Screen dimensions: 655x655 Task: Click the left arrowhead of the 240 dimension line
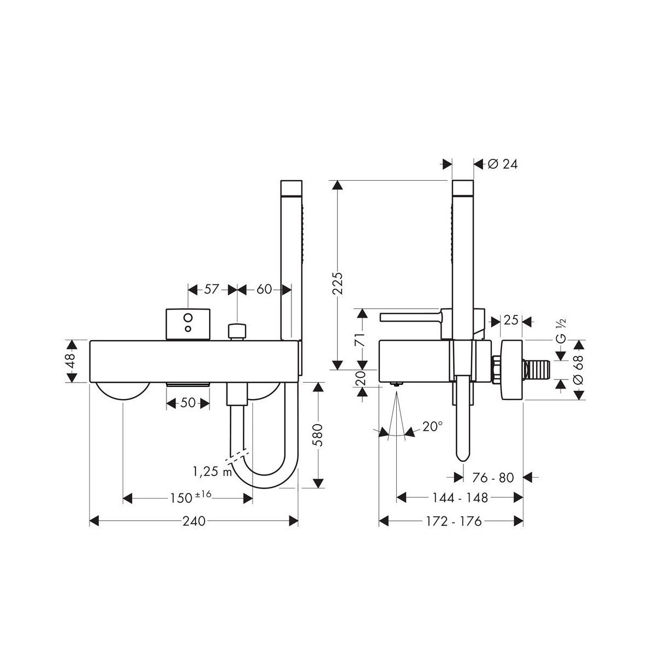tap(94, 520)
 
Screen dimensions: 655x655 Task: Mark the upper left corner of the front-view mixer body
tap(90, 341)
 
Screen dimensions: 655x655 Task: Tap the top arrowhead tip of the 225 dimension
tap(337, 181)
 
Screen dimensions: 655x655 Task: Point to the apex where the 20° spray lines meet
tap(397, 391)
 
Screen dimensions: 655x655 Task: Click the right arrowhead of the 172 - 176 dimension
tap(518, 520)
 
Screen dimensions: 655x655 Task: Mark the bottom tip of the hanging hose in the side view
tap(462, 461)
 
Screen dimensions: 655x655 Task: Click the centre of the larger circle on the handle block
tap(188, 318)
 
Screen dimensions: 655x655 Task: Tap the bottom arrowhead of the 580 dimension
tap(318, 483)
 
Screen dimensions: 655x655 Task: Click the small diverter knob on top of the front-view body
tap(237, 332)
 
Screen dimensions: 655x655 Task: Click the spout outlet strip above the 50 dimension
tap(188, 384)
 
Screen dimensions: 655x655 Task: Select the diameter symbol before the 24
tap(493, 164)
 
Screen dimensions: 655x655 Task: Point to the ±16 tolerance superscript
tap(203, 494)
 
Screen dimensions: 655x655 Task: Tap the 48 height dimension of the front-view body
tap(70, 361)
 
